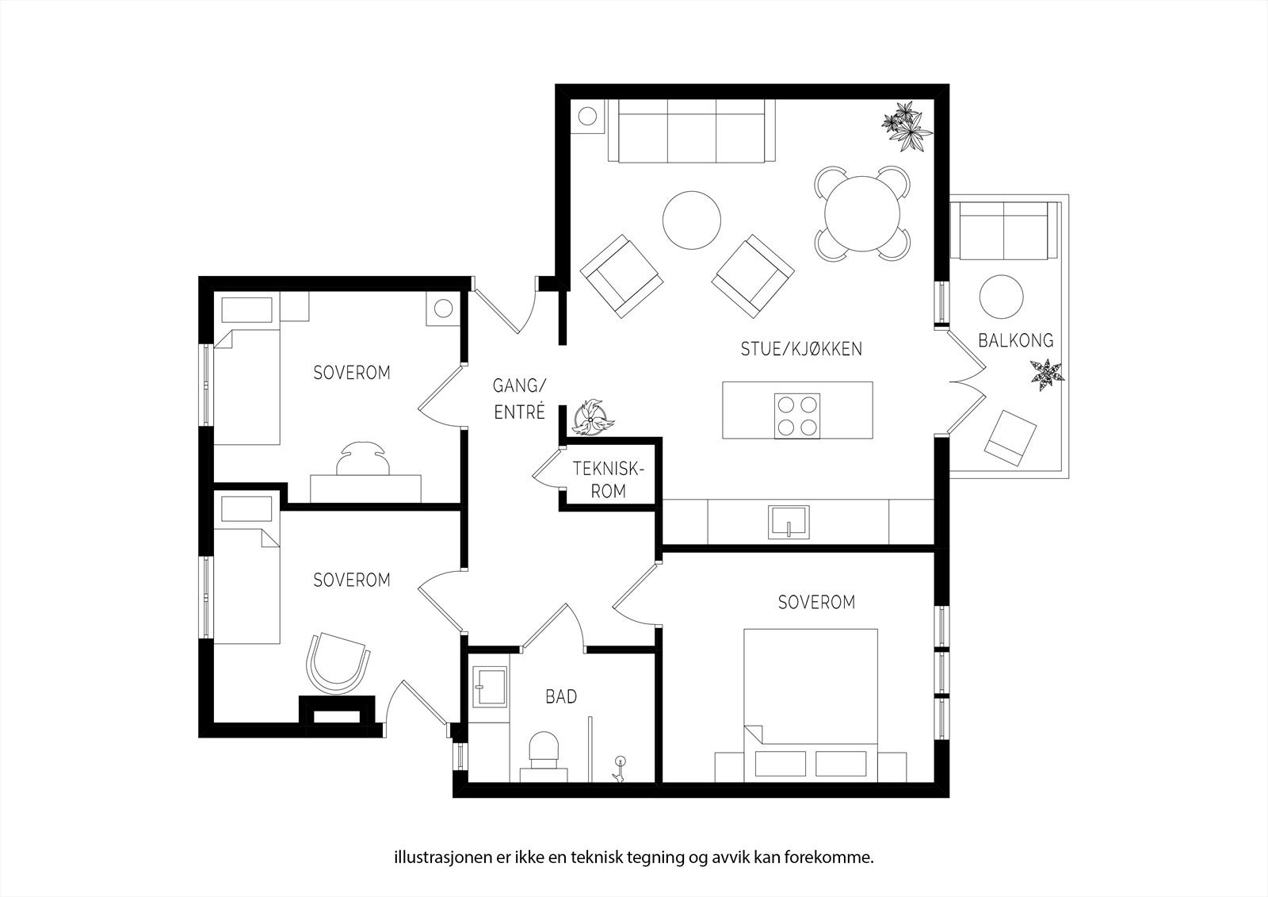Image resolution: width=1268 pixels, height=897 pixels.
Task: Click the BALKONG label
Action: (x=1016, y=340)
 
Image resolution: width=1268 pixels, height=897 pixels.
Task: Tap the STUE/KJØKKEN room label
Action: (x=801, y=348)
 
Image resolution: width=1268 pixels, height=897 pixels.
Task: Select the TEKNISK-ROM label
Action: (x=609, y=480)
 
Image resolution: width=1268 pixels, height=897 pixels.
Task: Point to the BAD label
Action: (x=561, y=696)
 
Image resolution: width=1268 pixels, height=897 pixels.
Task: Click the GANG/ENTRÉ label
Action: (x=519, y=399)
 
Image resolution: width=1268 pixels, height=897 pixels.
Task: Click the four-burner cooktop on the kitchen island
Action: (x=797, y=416)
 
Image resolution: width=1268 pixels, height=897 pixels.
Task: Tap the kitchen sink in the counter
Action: (x=789, y=522)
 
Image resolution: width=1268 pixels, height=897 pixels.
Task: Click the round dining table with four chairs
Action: (x=862, y=213)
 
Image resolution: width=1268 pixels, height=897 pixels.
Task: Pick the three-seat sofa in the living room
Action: (x=692, y=131)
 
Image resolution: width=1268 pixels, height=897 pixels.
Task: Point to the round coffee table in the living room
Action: (x=692, y=220)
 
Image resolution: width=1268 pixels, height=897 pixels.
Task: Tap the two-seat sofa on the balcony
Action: (x=1003, y=230)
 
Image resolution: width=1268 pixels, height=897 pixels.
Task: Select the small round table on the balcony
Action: (x=1002, y=297)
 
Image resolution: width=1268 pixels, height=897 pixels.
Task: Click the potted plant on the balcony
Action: (x=1047, y=374)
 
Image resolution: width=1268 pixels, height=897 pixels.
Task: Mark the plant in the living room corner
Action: (x=907, y=126)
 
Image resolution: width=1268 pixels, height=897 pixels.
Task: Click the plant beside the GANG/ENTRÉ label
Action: (x=592, y=418)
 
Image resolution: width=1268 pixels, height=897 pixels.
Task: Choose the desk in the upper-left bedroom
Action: (x=365, y=489)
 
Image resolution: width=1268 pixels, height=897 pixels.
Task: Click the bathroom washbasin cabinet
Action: (x=490, y=688)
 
